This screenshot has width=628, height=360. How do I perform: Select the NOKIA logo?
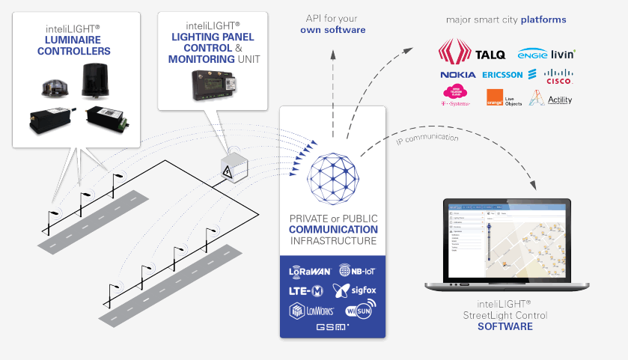pyautogui.click(x=457, y=75)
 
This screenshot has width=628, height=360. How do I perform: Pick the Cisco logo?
pyautogui.click(x=558, y=75)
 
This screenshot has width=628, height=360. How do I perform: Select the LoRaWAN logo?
pyautogui.click(x=311, y=270)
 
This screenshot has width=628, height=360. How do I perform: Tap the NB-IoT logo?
pyautogui.click(x=356, y=270)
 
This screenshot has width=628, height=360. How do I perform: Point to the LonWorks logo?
pyautogui.click(x=311, y=310)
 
